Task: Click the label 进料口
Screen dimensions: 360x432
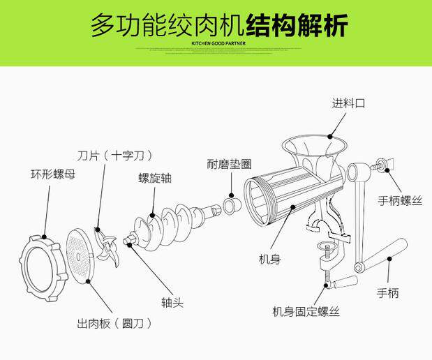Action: point(348,103)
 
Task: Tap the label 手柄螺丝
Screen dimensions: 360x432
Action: point(401,200)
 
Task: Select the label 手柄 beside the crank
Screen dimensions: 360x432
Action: point(388,293)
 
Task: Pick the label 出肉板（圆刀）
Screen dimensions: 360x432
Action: point(114,324)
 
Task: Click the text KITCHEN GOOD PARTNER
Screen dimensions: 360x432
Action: point(216,41)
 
